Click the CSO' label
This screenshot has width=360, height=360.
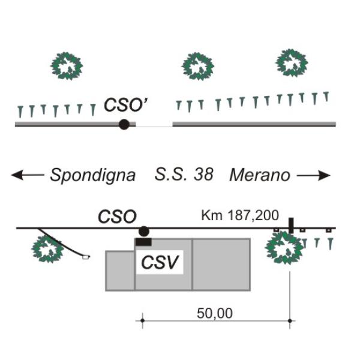point(125,104)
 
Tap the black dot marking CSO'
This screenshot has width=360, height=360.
point(124,124)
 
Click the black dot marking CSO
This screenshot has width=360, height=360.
point(144,231)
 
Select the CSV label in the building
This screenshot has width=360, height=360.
point(160,262)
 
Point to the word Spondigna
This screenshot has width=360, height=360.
point(93,175)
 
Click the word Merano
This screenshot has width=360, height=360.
point(260,175)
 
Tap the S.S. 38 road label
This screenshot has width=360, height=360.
point(184,175)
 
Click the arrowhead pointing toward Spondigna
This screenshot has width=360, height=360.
point(17,175)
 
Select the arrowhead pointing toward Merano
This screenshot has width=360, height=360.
point(324,175)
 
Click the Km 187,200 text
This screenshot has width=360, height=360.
point(240,215)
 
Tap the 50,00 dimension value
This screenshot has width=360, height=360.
point(215,313)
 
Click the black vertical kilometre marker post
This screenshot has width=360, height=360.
point(291,226)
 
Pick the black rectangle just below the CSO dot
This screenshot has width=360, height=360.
point(143,242)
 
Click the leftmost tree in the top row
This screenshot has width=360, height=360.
point(67,66)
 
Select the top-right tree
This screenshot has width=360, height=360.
point(292,62)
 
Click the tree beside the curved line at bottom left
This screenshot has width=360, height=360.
point(47,249)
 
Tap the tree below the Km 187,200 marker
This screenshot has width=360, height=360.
point(284,248)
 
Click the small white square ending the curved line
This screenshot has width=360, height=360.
point(86,257)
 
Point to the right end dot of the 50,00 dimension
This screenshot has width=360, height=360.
point(290,321)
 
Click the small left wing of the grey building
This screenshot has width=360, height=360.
point(120,271)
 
